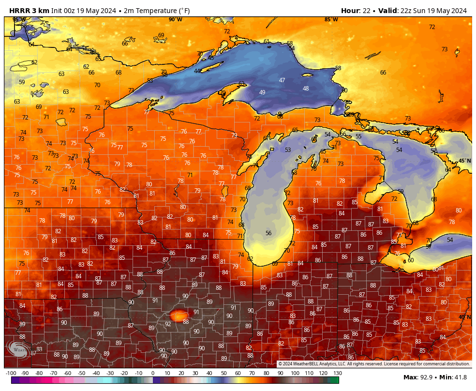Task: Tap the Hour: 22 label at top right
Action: coord(357,11)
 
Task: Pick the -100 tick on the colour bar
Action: coord(11,373)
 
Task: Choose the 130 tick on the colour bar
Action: coord(337,373)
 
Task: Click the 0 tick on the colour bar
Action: coord(153,373)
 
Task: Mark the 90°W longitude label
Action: coord(176,19)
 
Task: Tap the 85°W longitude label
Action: coord(331,19)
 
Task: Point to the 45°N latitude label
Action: coord(464,161)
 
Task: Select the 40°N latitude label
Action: coord(464,317)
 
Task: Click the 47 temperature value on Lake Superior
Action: coord(282,80)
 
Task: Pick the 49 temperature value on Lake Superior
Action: coord(262,92)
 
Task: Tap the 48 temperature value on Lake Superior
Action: coord(306,89)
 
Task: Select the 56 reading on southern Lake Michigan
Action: coord(268,233)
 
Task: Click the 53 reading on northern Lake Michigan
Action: coord(288,150)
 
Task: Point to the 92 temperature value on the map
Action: coord(168,324)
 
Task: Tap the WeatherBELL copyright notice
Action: coord(373,364)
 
